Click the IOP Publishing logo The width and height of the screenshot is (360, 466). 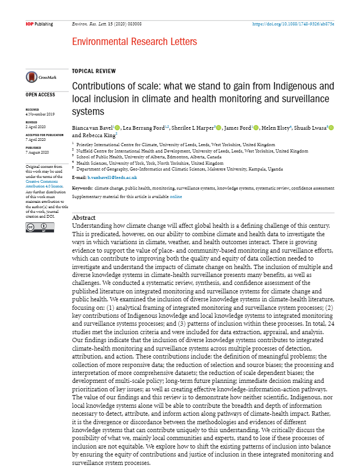39,24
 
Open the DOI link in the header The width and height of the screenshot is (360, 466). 293,24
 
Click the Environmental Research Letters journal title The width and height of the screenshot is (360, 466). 134,42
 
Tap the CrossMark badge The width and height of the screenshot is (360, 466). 40,77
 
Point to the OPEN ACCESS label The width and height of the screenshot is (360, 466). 40,95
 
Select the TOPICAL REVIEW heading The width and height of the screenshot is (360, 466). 94,71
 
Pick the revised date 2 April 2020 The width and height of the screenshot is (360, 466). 37,128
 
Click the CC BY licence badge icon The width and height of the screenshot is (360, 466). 33,227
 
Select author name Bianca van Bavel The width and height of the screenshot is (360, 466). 92,128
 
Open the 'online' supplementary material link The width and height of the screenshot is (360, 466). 176,196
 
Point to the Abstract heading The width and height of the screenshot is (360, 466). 84,218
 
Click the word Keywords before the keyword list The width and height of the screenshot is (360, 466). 82,188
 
